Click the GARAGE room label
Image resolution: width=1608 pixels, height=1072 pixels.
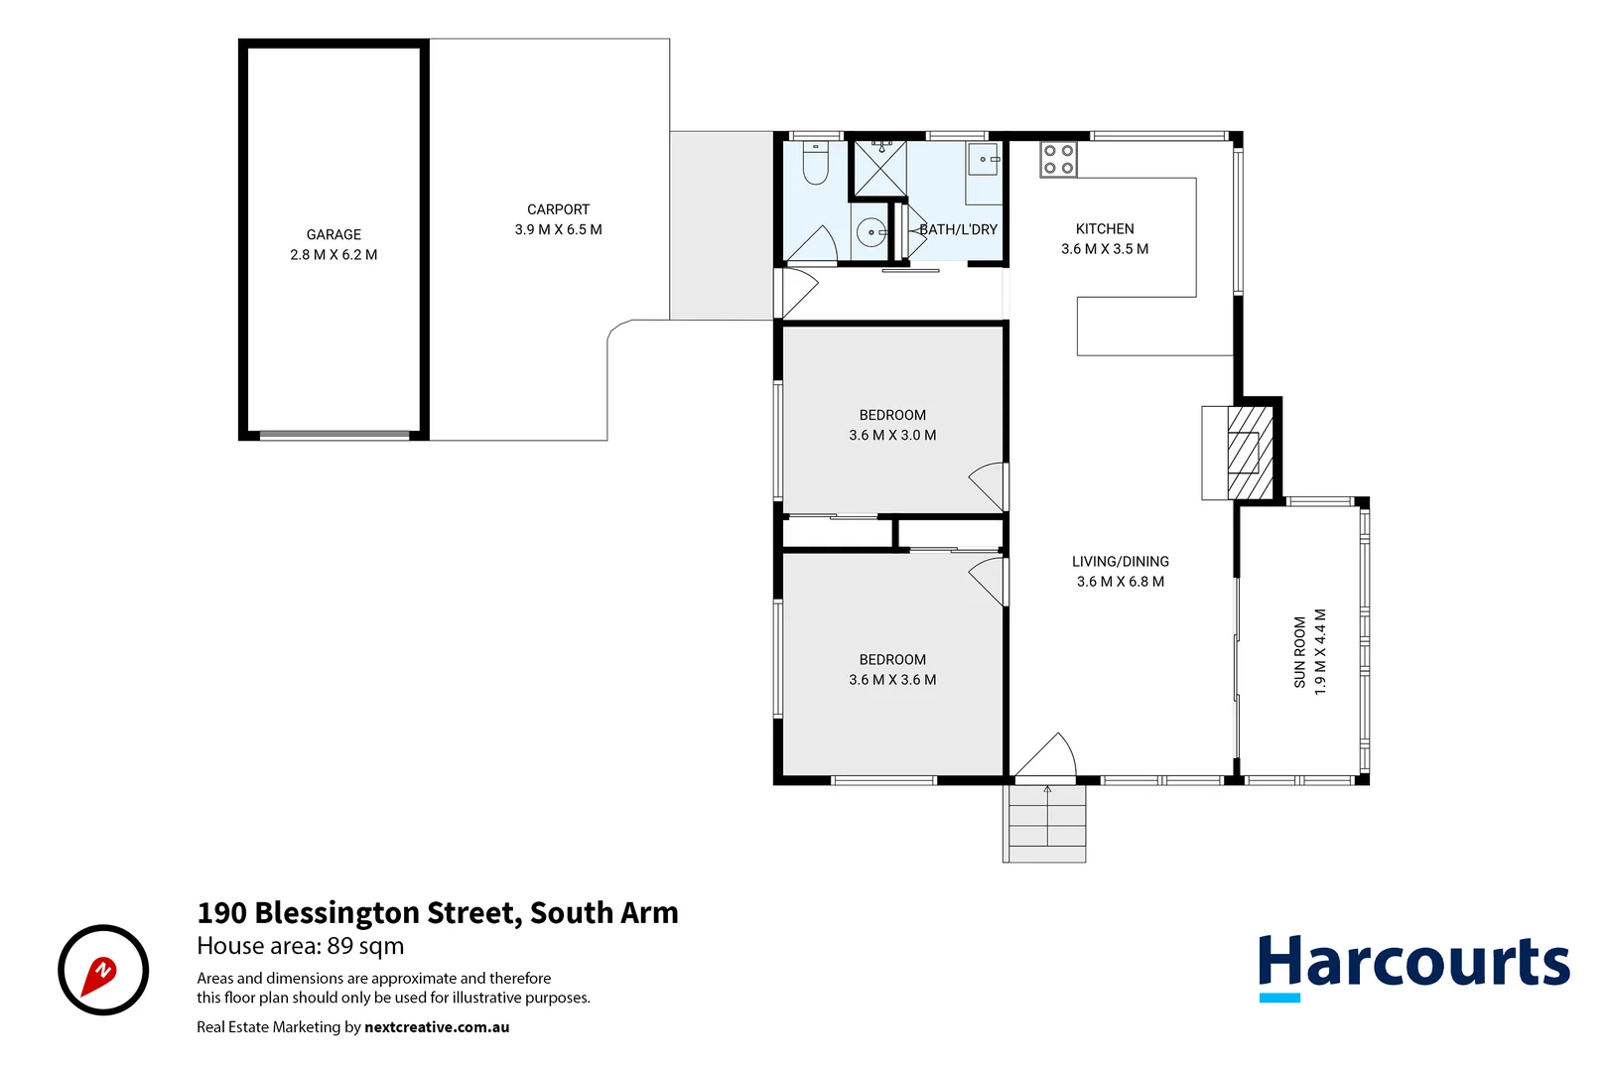coord(334,234)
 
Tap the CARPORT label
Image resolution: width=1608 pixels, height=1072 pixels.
coord(558,209)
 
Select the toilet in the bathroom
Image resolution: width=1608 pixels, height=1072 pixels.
coord(815,164)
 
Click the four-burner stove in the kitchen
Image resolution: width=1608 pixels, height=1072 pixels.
coord(1058,160)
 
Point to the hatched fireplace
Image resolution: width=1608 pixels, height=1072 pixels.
coord(1249,452)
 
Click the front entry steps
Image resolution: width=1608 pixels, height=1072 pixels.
coord(1046,823)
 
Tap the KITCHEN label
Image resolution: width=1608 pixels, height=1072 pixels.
coord(1105,228)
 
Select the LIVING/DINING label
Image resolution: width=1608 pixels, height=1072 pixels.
coord(1121,562)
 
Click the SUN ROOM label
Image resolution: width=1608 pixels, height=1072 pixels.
coord(1299,652)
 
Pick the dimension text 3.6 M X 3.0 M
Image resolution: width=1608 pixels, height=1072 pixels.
coord(892,435)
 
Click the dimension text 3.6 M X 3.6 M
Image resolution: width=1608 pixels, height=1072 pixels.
coord(892,680)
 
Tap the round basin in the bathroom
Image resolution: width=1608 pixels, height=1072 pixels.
coord(871,233)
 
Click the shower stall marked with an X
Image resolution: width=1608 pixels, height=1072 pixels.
coord(880,168)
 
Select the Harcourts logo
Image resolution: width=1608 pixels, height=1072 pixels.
coord(1413,966)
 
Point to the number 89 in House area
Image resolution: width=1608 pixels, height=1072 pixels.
coord(340,946)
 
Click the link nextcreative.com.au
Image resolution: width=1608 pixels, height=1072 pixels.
coord(437,1027)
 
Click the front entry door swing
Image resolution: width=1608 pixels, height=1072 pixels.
coord(1047,756)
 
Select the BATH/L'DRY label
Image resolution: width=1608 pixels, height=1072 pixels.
coord(958,229)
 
